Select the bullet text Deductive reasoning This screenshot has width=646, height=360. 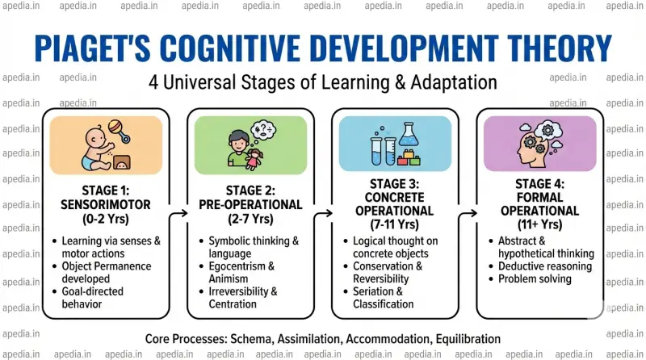pos(544,266)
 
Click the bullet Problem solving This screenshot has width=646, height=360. pos(534,279)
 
